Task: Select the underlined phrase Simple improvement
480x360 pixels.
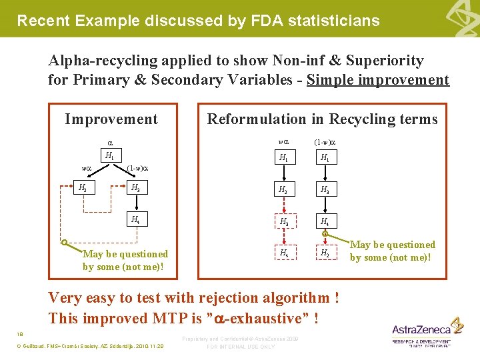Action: [x=378, y=80]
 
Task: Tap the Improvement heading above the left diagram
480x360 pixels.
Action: [x=111, y=119]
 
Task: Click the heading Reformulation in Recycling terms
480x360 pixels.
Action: [x=322, y=119]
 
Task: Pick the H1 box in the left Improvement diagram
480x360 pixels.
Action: [x=109, y=155]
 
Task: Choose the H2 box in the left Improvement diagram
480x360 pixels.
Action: [x=83, y=187]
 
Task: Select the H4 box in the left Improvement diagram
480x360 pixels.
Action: [x=136, y=219]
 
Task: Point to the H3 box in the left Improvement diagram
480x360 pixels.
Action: [x=136, y=187]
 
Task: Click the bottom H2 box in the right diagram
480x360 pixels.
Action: [x=324, y=253]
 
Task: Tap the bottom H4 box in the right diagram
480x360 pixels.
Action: [x=284, y=253]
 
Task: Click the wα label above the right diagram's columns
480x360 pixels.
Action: [x=283, y=141]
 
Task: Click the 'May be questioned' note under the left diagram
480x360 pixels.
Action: [x=125, y=260]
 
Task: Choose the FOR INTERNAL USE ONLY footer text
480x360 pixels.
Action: [x=241, y=347]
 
